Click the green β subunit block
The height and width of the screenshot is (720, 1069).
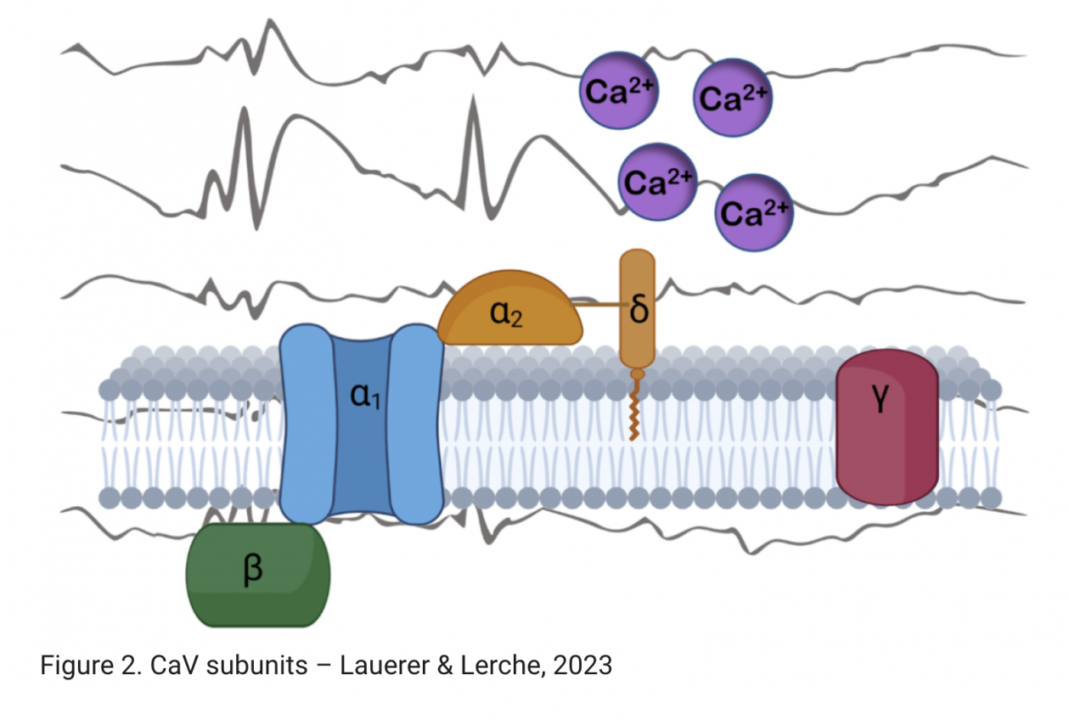point(257,575)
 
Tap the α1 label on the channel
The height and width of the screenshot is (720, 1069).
point(366,397)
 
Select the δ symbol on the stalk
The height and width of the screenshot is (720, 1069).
point(639,310)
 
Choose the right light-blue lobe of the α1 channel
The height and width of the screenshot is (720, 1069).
point(417,425)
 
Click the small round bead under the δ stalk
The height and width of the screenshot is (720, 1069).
point(636,374)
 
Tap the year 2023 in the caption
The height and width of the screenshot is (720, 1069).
point(582,665)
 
